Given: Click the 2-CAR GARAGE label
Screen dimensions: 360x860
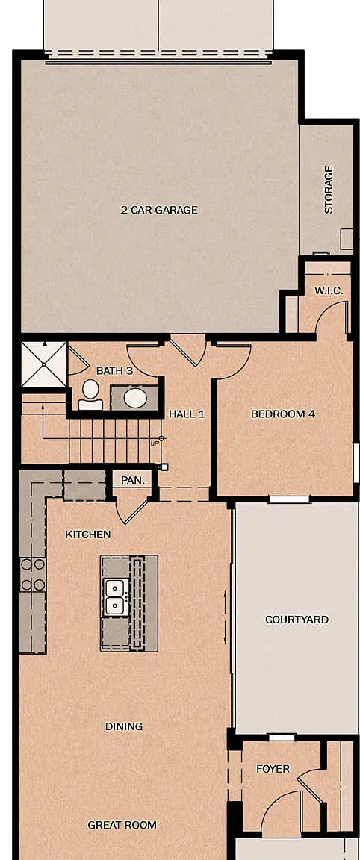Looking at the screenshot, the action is (159, 210).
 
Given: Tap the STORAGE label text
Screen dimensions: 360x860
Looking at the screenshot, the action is (329, 189).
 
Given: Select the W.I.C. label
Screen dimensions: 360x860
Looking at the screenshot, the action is (329, 290).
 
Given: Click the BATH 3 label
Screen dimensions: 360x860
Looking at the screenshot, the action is (115, 371).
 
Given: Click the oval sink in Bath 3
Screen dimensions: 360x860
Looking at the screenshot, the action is (134, 397).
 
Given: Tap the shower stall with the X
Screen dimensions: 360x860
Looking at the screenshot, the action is (43, 364).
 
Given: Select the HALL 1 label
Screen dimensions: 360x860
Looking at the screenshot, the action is (187, 414).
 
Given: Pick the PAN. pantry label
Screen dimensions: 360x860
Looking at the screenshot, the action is (133, 481).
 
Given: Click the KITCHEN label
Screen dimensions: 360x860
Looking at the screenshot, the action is (88, 535).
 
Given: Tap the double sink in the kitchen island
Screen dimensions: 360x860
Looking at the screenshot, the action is (116, 596).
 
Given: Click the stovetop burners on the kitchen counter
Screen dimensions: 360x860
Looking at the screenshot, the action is (32, 574).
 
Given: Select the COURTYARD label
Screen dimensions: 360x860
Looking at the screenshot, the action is (297, 620).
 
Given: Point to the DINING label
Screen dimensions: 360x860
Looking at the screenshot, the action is (124, 726).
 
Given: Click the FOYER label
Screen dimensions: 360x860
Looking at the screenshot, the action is (273, 770).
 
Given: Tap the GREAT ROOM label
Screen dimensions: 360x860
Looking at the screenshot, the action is (122, 825).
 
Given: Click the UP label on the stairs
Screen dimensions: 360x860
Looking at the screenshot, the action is (155, 443).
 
